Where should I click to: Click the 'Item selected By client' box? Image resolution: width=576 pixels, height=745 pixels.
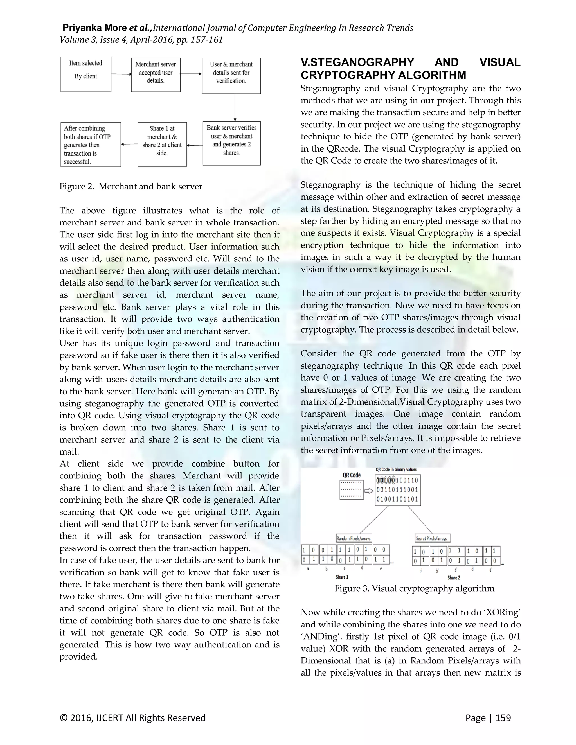click(86, 74)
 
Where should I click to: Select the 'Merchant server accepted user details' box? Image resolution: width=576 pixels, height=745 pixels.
click(156, 75)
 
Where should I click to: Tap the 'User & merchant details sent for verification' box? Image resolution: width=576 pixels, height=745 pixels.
click(231, 76)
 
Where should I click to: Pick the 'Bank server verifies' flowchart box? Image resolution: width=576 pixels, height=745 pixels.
click(231, 143)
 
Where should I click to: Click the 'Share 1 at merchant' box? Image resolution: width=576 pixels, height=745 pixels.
click(162, 144)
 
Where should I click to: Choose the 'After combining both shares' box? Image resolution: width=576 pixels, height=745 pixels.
click(91, 144)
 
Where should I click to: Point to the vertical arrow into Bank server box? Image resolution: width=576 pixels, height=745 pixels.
click(235, 107)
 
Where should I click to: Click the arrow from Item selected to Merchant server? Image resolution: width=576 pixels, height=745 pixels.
click(121, 74)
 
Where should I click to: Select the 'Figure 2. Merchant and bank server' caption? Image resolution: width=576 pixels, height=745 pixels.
click(131, 186)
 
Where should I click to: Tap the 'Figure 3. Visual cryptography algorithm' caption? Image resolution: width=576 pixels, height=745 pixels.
click(414, 588)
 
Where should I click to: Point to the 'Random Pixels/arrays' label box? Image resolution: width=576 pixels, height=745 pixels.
click(354, 538)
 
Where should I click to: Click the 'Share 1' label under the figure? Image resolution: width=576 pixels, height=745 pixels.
click(342, 577)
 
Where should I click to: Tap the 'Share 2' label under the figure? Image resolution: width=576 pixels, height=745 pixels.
click(454, 577)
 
